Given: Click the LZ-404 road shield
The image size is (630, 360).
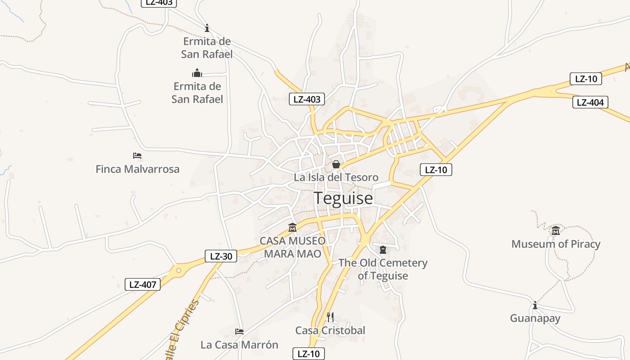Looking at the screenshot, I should click(x=590, y=102).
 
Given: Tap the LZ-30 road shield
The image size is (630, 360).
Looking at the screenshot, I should click(x=220, y=256).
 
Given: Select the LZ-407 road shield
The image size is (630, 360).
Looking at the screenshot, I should click(x=142, y=284).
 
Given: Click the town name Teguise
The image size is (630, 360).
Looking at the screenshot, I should click(x=343, y=198).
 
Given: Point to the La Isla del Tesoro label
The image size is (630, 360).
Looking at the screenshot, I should click(x=336, y=177).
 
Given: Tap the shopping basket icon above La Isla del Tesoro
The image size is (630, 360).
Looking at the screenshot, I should click(x=336, y=165).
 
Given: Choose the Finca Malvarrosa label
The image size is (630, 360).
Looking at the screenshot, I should click(x=137, y=169).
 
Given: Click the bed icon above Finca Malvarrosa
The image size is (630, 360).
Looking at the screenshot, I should click(x=137, y=156).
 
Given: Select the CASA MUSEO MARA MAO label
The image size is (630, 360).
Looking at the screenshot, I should click(x=292, y=247).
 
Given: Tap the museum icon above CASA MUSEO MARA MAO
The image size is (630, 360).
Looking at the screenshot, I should click(x=292, y=228).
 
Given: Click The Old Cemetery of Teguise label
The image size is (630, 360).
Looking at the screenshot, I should click(x=382, y=269).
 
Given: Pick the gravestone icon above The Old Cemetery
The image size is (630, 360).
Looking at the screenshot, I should click(x=382, y=250).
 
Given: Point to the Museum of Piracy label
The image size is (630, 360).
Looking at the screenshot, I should click(x=556, y=244).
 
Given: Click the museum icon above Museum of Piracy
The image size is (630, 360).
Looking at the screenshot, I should click(x=556, y=231).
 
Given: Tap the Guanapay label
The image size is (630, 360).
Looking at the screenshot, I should click(x=535, y=319).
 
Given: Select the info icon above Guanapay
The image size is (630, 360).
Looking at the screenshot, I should click(x=535, y=306).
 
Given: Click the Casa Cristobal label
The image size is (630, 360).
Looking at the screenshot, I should click(x=330, y=330).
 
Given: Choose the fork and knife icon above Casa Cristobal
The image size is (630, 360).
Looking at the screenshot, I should click(x=330, y=317).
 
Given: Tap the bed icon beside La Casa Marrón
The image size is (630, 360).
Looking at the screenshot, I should click(x=239, y=332).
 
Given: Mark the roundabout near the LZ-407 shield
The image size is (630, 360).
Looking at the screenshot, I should click(x=178, y=270).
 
